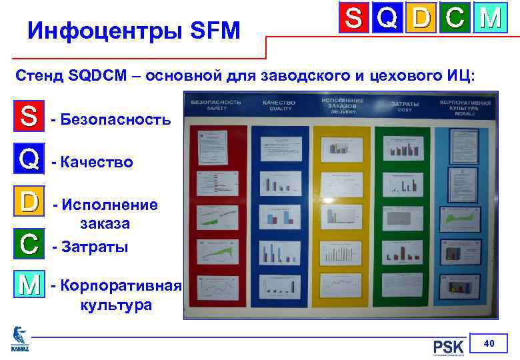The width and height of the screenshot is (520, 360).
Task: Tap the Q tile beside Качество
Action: click(x=29, y=159)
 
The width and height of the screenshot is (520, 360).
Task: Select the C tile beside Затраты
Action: click(x=29, y=243)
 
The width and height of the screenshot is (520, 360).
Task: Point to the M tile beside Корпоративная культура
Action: click(x=29, y=285)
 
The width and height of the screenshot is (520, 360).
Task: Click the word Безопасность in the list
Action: click(x=115, y=120)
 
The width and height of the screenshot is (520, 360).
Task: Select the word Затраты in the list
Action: click(x=95, y=247)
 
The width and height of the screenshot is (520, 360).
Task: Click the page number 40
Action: click(x=489, y=343)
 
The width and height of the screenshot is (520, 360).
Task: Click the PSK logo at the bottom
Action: click(x=448, y=347)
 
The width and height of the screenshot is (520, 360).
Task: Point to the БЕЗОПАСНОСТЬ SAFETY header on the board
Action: click(x=215, y=105)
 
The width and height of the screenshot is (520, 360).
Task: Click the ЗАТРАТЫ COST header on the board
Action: click(x=405, y=105)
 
